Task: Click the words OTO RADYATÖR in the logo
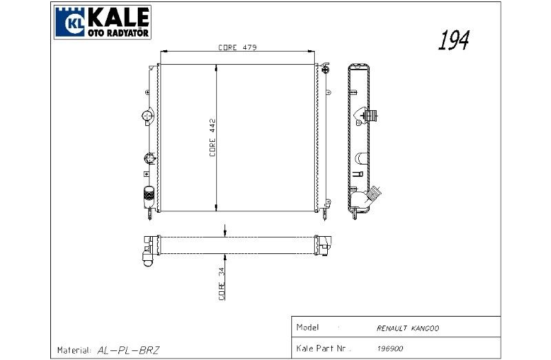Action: pyautogui.click(x=118, y=33)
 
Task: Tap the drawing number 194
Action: pyautogui.click(x=454, y=40)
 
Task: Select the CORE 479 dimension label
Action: pyautogui.click(x=238, y=47)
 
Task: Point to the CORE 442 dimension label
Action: pyautogui.click(x=212, y=138)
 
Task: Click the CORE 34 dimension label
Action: pyautogui.click(x=221, y=284)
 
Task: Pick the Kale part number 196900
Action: pyautogui.click(x=390, y=348)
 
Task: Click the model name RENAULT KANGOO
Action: pyautogui.click(x=408, y=328)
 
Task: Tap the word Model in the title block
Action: pyautogui.click(x=307, y=328)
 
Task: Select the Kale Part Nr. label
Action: pyautogui.click(x=324, y=348)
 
